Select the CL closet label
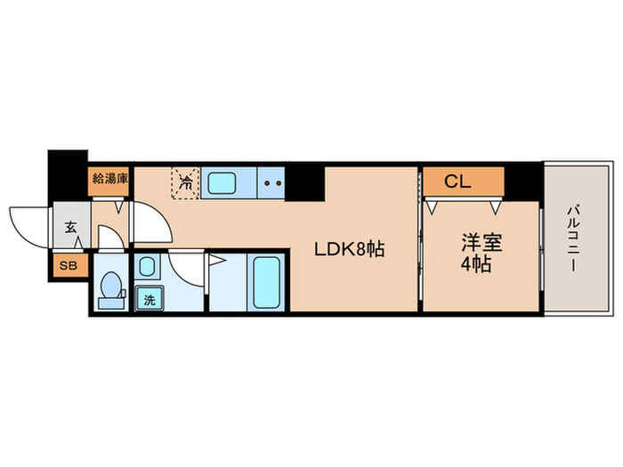(x=457, y=183)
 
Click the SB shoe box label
(x=68, y=265)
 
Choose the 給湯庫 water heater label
(x=109, y=178)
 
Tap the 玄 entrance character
(x=69, y=226)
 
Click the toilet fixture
(x=112, y=288)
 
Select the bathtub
(x=266, y=280)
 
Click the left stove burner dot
(x=267, y=185)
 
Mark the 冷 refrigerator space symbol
(x=185, y=183)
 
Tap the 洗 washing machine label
(x=149, y=299)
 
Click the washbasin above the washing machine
(x=148, y=265)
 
